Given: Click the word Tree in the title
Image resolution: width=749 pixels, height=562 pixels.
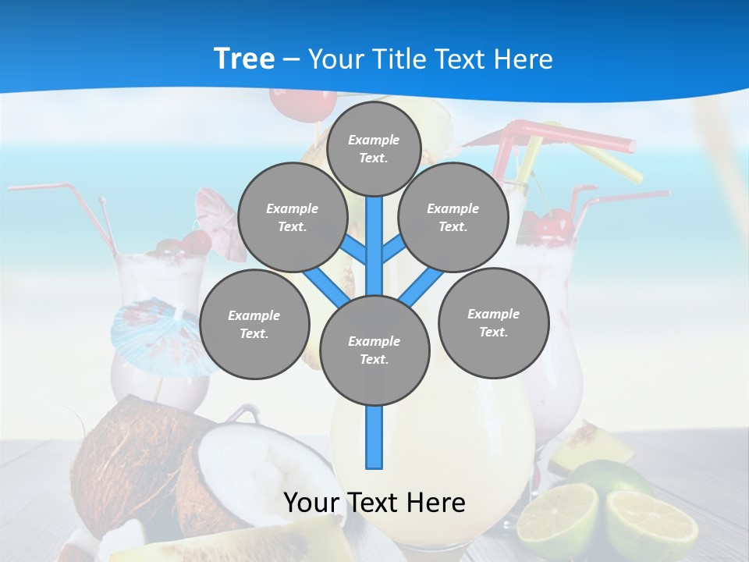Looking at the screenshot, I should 244,59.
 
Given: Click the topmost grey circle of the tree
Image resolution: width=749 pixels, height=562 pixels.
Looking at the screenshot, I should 374,148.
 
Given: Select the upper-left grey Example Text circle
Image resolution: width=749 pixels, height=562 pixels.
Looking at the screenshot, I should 292,217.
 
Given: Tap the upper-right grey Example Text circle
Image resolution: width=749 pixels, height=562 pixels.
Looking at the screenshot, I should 453,217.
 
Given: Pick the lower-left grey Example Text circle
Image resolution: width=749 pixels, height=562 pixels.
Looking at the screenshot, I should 254,324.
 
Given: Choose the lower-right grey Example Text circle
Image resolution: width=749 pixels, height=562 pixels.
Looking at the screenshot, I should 493,322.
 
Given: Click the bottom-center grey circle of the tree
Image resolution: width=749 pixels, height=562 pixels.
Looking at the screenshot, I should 374,350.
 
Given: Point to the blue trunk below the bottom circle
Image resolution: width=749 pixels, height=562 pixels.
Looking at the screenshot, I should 374,437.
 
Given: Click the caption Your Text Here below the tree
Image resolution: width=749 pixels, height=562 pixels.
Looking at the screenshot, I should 374,503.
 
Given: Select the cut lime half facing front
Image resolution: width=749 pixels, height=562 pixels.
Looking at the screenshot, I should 558,519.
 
